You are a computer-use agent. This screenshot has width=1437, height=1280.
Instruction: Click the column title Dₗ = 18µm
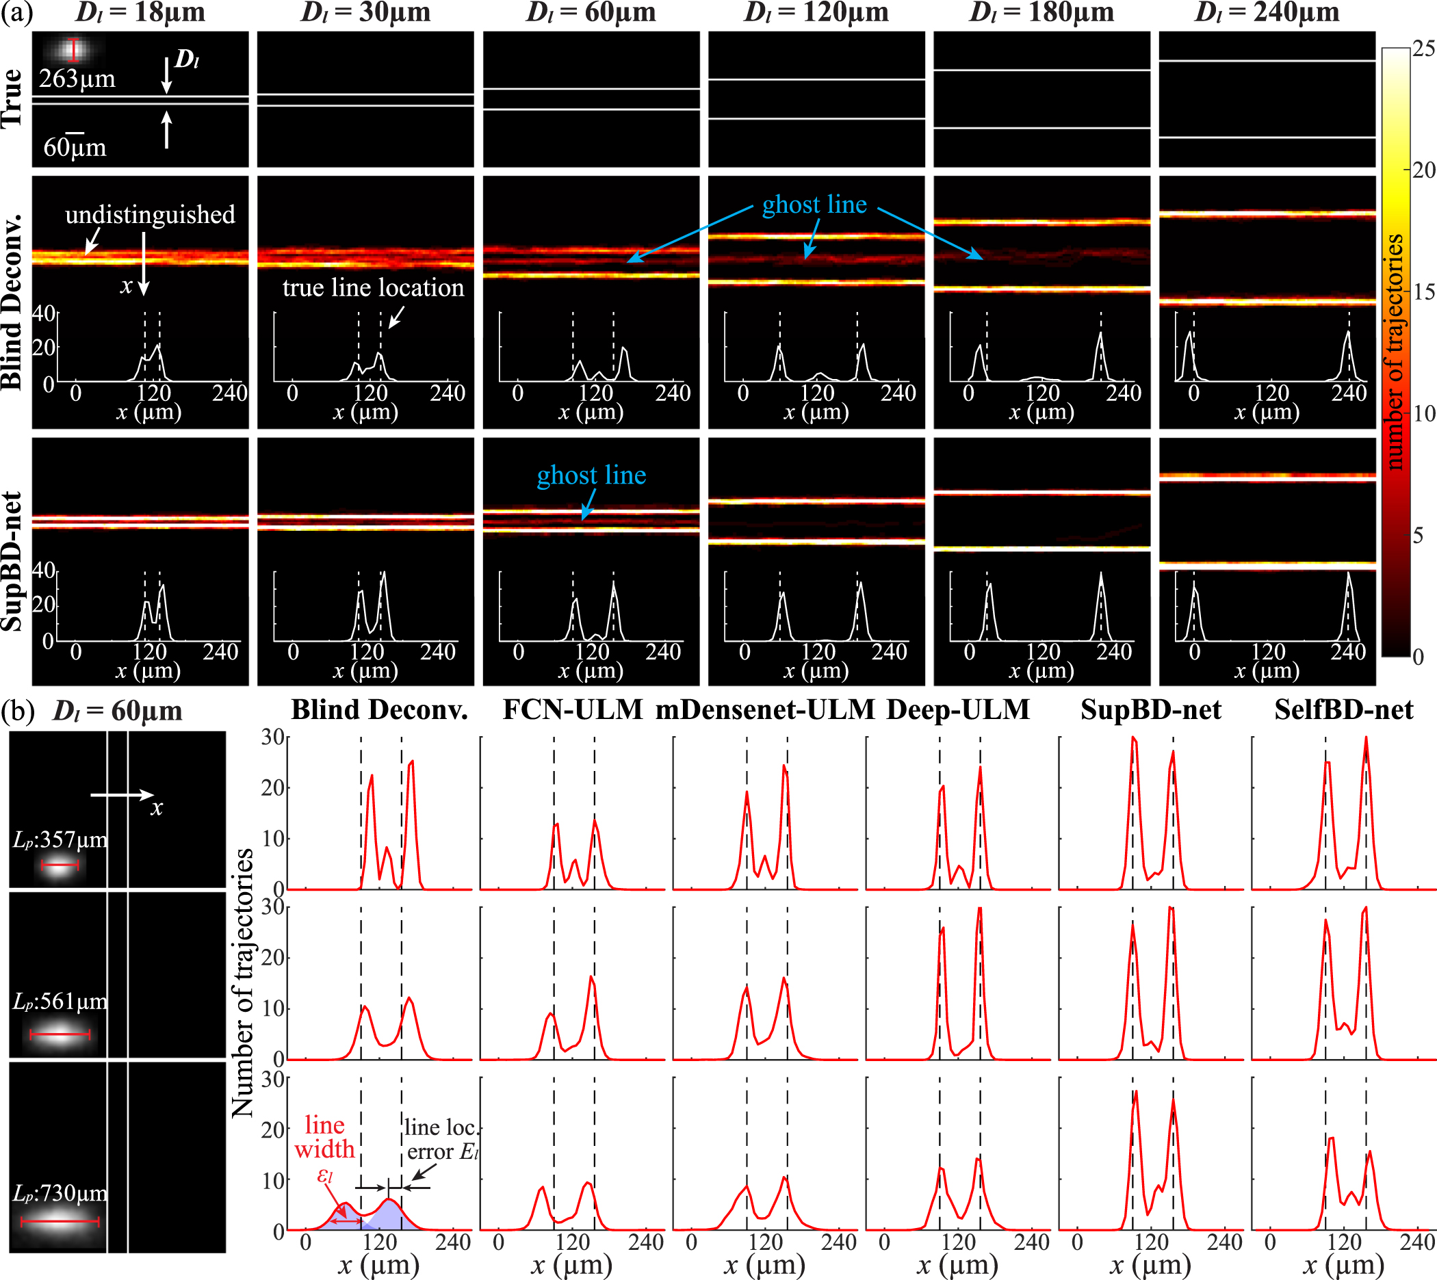point(140,13)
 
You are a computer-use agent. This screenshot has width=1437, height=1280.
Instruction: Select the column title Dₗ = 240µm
point(1267,13)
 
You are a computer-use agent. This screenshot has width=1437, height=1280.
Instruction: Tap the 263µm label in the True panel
point(77,79)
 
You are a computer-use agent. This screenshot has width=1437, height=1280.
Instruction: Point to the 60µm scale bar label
point(75,148)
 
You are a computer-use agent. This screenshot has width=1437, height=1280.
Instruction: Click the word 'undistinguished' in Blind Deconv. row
point(150,215)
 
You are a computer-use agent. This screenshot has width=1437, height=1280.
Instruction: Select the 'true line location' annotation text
point(373,287)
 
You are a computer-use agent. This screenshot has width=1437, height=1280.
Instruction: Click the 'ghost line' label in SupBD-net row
point(591,475)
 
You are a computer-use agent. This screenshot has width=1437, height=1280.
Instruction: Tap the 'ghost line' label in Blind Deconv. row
point(814,205)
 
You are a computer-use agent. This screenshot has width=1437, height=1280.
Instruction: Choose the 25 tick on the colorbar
point(1423,48)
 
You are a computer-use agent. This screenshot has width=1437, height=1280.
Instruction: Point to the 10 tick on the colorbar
point(1423,413)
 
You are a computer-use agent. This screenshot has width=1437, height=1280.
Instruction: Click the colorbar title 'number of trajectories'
point(1395,352)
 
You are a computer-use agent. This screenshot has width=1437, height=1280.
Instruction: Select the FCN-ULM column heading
point(573,709)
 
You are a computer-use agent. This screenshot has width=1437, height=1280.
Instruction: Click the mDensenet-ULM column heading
point(764,709)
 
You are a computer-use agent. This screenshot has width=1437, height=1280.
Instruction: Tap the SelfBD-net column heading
point(1343,709)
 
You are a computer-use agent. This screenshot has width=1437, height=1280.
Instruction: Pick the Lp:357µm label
point(60,839)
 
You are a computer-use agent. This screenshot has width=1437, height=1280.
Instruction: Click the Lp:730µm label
point(60,1193)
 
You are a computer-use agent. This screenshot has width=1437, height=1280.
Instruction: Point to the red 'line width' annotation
point(324,1137)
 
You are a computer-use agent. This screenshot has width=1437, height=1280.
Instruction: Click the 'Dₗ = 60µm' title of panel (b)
point(118,711)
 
